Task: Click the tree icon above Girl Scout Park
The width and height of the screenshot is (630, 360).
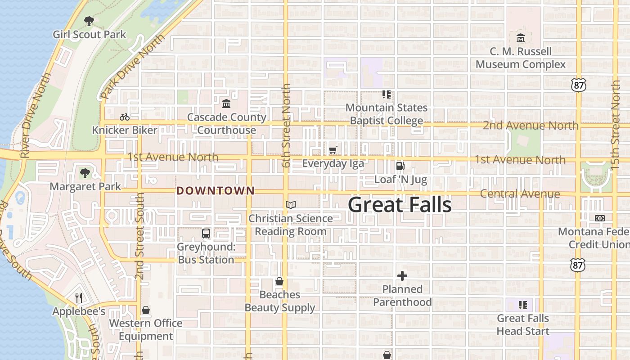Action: (89, 21)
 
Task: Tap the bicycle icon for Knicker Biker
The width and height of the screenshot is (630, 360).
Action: (125, 117)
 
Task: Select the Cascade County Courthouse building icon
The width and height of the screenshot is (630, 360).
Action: (226, 104)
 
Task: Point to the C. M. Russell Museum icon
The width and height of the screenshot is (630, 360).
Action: (521, 37)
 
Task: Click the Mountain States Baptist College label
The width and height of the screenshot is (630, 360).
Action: (387, 114)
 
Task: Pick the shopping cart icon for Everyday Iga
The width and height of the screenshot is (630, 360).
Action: (333, 150)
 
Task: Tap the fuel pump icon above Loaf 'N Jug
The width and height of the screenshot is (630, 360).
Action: (400, 166)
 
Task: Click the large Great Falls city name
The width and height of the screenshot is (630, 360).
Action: (400, 205)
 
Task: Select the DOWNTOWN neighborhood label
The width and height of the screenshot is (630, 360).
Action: (216, 191)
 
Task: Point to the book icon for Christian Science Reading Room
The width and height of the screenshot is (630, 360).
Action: (291, 205)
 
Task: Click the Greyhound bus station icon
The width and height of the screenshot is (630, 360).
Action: (206, 234)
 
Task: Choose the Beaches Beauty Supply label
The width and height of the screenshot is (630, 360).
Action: (280, 301)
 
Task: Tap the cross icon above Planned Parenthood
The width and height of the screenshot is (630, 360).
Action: (402, 276)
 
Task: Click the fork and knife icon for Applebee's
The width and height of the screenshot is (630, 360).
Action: (79, 298)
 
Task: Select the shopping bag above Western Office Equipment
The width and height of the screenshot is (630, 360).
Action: (145, 310)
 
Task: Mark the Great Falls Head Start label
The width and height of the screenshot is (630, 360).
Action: (523, 324)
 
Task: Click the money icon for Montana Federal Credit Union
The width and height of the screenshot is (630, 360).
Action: (599, 218)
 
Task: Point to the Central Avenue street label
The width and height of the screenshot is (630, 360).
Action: (520, 194)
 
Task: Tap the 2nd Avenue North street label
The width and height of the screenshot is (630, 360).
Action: (531, 126)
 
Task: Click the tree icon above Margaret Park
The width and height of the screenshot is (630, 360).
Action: (85, 173)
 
